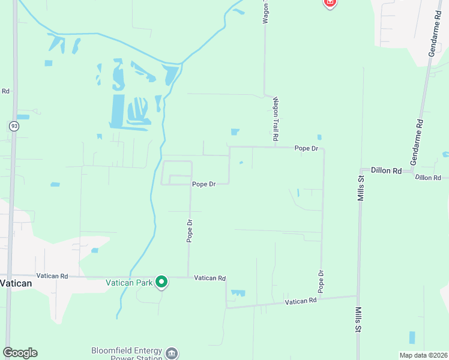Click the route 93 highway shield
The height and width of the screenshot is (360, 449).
click(14, 126)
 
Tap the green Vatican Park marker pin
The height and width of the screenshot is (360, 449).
click(161, 281)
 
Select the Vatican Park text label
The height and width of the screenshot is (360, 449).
click(129, 282)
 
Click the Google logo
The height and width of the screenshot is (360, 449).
click(20, 352)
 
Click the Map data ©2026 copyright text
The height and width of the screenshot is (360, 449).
click(423, 355)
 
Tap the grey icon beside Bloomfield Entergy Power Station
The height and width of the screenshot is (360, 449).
click(172, 352)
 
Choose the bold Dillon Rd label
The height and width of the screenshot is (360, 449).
click(385, 171)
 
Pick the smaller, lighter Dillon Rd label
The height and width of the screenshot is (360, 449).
click(427, 178)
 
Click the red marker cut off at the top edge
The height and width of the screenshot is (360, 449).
click(329, 3)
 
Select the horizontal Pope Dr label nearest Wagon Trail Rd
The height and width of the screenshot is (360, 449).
click(306, 148)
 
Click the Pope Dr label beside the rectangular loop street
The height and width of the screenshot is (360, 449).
click(203, 184)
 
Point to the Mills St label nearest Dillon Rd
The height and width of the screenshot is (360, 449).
click(361, 187)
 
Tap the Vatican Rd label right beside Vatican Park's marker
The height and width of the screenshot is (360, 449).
click(209, 278)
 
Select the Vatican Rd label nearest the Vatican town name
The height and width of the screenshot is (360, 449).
click(52, 276)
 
